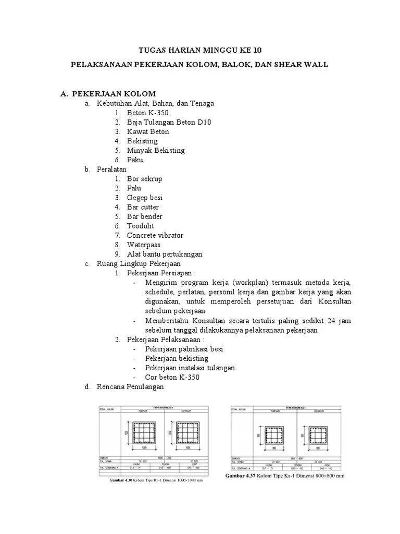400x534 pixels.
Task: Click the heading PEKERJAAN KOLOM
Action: pos(114,94)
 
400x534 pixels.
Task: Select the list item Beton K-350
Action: pos(147,113)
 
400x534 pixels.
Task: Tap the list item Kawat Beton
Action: pos(148,131)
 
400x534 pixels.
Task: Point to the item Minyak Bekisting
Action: pos(156,150)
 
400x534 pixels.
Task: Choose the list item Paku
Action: pos(135,160)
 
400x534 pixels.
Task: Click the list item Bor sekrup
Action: pos(145,179)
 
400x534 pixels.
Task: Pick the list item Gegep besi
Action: pos(145,198)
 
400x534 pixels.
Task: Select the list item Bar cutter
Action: pos(143,207)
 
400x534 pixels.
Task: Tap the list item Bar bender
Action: pos(145,216)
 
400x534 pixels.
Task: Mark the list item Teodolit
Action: pos(141,226)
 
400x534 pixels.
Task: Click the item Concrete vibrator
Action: pos(155,235)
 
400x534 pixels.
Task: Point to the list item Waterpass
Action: pos(144,245)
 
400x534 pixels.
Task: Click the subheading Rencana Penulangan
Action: pos(130,387)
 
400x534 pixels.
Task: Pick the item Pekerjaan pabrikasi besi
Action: pos(184,349)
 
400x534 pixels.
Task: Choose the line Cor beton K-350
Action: pos(172,377)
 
